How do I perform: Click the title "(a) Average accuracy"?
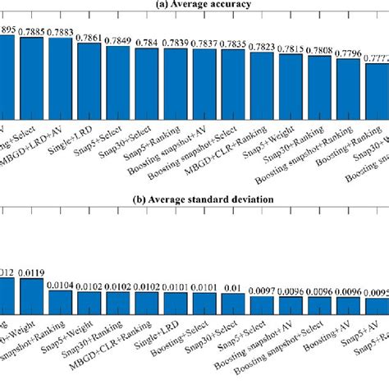(x=194, y=5)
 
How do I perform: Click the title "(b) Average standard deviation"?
(x=194, y=199)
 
